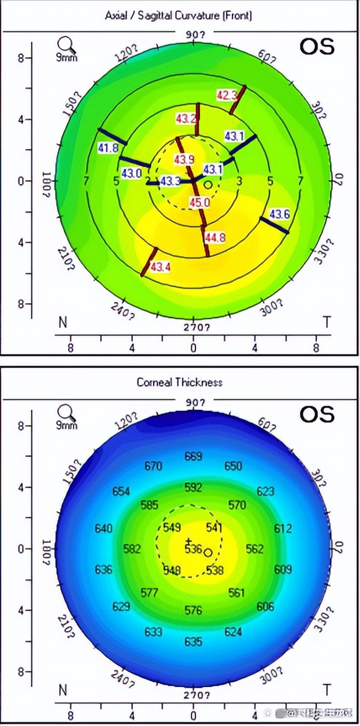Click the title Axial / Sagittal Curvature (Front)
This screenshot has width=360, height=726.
click(x=178, y=16)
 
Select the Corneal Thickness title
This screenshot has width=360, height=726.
click(x=179, y=382)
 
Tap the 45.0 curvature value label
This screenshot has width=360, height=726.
click(x=200, y=203)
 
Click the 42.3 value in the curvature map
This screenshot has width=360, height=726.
click(x=227, y=94)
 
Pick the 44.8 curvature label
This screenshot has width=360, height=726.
click(x=215, y=238)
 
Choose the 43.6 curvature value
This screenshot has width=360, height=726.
click(x=280, y=214)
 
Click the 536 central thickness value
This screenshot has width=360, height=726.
click(x=193, y=549)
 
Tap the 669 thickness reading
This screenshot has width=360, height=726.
click(x=193, y=456)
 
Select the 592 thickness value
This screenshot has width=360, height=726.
click(x=193, y=487)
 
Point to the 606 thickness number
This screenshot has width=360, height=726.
click(x=266, y=606)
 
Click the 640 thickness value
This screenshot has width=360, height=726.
click(x=103, y=529)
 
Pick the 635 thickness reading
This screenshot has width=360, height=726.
click(x=193, y=642)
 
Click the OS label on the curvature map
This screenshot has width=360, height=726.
click(x=316, y=47)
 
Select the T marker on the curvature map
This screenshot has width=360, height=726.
click(x=327, y=323)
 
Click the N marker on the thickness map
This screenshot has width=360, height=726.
click(x=62, y=690)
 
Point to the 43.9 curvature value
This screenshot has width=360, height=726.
click(x=184, y=160)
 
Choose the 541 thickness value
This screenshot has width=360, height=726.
click(x=213, y=527)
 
